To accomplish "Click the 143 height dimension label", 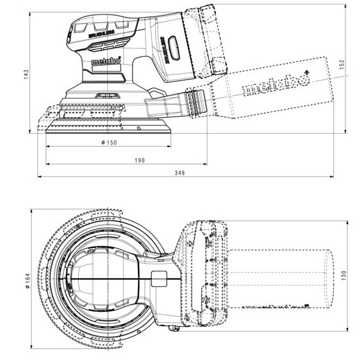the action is [26, 74].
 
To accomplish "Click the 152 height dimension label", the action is [342, 64].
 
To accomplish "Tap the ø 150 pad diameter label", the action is [109, 143].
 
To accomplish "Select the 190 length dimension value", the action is [139, 160].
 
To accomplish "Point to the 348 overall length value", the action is [180, 173].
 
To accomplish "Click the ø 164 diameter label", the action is [28, 281].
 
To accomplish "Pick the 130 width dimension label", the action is [344, 275].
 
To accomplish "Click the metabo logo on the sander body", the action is [106, 61].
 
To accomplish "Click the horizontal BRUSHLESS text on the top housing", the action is [102, 34].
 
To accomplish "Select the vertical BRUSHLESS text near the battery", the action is [165, 50].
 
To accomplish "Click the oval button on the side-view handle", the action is [174, 47].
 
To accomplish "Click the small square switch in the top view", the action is [159, 279].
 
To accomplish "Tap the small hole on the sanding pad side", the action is [139, 128].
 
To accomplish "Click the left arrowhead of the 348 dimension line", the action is [40, 177].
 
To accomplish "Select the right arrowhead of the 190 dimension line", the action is [205, 164].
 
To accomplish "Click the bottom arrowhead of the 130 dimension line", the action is [347, 329].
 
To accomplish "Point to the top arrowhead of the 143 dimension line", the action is [30, 14].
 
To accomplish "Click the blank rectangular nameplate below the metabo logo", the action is [107, 68].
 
